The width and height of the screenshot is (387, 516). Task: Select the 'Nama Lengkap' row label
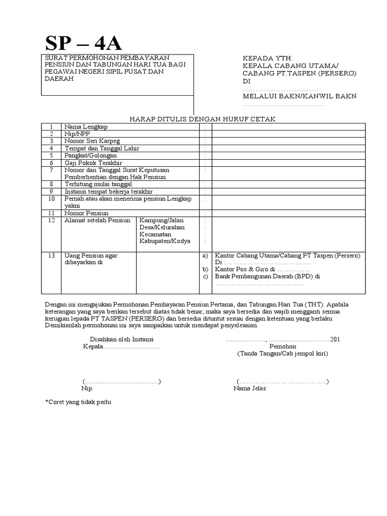pos(86,126)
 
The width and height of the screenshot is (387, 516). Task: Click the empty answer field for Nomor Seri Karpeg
pos(288,141)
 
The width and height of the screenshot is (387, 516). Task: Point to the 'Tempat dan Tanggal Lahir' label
pos(101,149)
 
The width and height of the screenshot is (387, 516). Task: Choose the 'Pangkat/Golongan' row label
pos(89,156)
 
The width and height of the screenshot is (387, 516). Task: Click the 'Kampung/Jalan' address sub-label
pos(162,221)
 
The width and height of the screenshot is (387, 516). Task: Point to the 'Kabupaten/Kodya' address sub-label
pos(165,241)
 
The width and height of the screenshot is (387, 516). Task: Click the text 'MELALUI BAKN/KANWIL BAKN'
pos(300,96)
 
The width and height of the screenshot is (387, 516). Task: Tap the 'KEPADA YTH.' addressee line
pos(267,58)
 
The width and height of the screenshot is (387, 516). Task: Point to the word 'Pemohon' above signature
pos(283,347)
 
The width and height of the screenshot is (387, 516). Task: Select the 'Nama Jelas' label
pos(249,389)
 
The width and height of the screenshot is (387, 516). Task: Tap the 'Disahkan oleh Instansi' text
pos(122,339)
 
